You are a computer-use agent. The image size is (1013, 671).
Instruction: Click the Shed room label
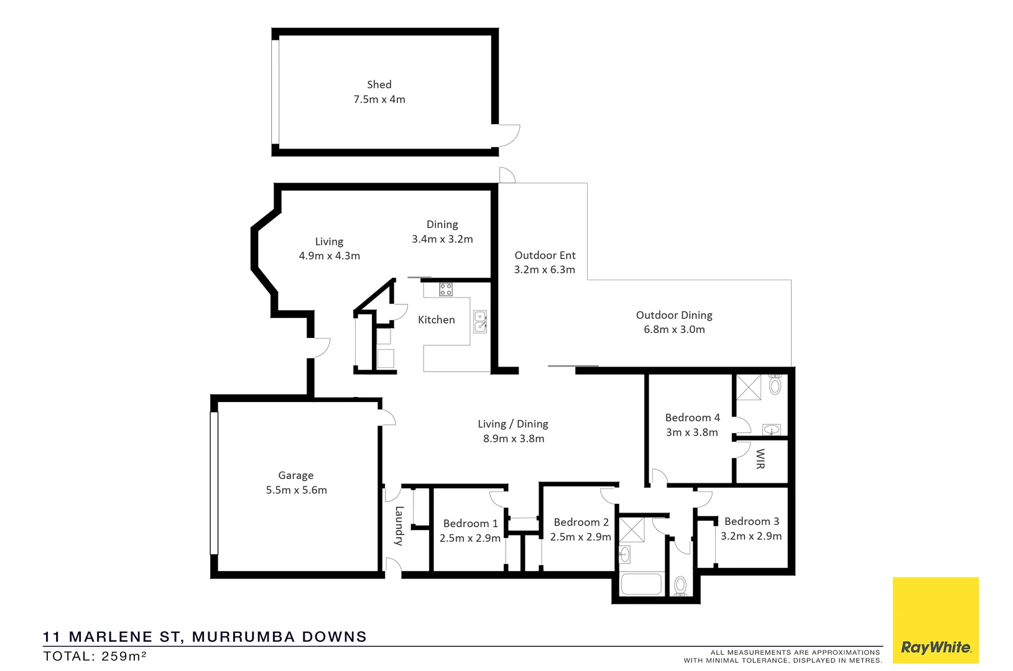pyautogui.click(x=379, y=84)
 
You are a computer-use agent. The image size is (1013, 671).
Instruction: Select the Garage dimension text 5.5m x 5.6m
pyautogui.click(x=296, y=490)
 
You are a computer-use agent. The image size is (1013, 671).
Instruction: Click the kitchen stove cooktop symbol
pyautogui.click(x=446, y=289)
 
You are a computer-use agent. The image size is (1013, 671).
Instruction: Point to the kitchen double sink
pyautogui.click(x=480, y=322)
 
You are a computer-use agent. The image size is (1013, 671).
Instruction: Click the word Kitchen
pyautogui.click(x=436, y=320)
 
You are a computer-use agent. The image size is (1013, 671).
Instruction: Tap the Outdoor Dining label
pyautogui.click(x=674, y=315)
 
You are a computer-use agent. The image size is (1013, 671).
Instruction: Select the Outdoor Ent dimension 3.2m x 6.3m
pyautogui.click(x=544, y=270)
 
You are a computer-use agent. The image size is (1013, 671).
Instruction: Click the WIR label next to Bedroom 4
pyautogui.click(x=760, y=459)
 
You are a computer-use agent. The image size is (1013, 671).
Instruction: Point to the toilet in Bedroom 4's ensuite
pyautogui.click(x=775, y=385)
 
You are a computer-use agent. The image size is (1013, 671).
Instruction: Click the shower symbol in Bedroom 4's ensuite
pyautogui.click(x=749, y=387)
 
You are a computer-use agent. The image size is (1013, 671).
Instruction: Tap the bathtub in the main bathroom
pyautogui.click(x=641, y=584)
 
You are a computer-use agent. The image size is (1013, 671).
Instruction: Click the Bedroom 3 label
pyautogui.click(x=751, y=521)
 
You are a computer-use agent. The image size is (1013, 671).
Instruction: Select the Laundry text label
pyautogui.click(x=399, y=526)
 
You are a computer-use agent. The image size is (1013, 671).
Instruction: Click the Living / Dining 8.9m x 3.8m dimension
pyautogui.click(x=513, y=439)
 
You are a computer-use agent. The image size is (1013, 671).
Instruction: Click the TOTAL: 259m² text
pyautogui.click(x=95, y=656)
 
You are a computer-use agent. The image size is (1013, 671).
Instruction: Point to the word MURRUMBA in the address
pyautogui.click(x=244, y=637)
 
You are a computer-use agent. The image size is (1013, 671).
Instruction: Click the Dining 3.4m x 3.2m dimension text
pyautogui.click(x=442, y=239)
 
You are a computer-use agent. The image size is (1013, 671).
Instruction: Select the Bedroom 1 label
pyautogui.click(x=470, y=524)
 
